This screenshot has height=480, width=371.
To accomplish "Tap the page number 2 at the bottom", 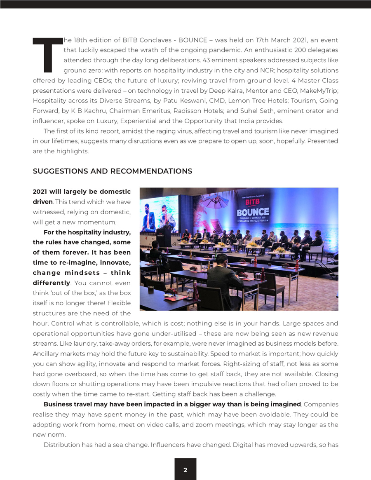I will point(185,470).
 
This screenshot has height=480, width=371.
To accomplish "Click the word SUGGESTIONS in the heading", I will point(60,171).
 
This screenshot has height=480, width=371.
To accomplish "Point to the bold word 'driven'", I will point(42,202).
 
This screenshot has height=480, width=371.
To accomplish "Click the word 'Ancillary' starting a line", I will point(47,354).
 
